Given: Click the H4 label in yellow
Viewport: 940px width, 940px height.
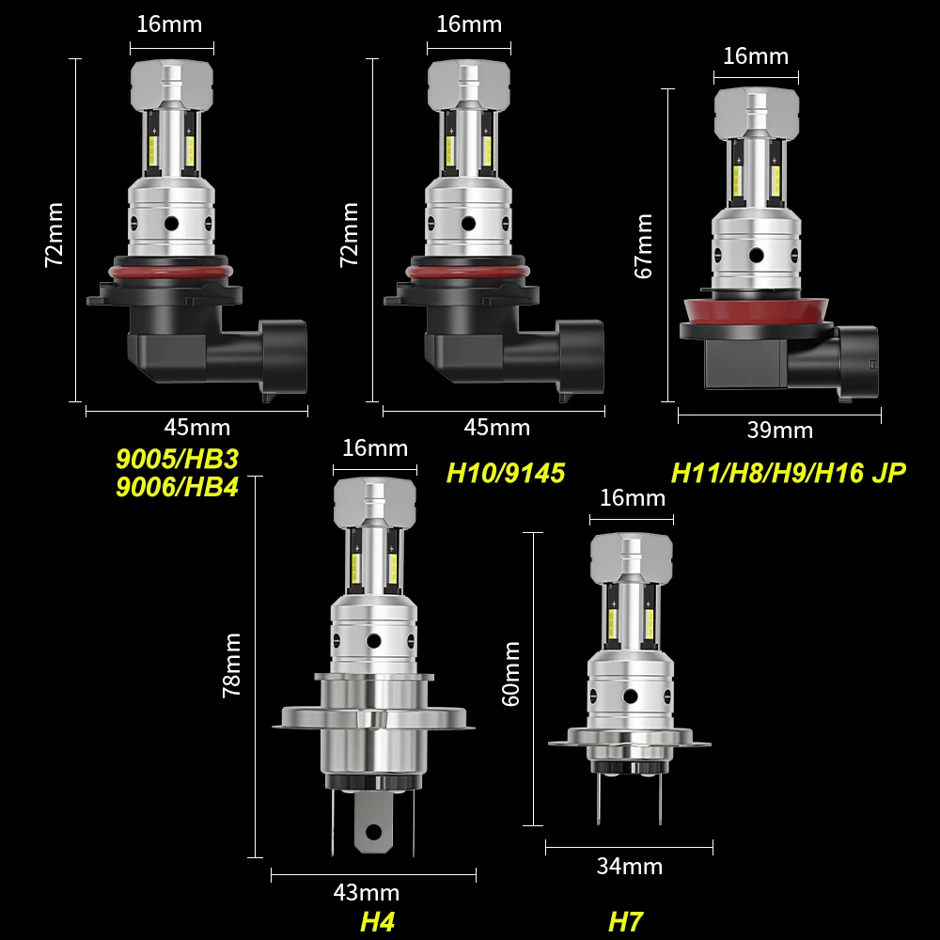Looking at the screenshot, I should point(377,921).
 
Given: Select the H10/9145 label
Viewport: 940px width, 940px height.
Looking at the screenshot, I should point(506,472).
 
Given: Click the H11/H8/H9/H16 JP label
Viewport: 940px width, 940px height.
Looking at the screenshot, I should point(788,472).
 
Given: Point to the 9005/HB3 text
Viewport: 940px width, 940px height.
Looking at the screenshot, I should point(178,460).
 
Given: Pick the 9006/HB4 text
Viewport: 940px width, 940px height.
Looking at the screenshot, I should point(178,488).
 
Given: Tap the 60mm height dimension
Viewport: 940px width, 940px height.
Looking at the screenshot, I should point(512,674).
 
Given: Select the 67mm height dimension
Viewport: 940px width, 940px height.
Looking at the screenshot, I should point(644,246).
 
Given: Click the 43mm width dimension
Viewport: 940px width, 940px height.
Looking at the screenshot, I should point(367,892).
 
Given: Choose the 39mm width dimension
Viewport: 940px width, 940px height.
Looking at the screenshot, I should point(779,430).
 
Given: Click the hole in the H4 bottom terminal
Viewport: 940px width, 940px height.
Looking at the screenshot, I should point(374,831).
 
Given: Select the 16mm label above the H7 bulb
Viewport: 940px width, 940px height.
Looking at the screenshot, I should point(632,497).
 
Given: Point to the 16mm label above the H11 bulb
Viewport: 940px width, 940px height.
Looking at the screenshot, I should point(755,55).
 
